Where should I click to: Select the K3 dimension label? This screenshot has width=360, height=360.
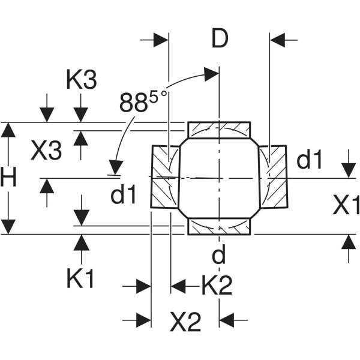coord(82,80)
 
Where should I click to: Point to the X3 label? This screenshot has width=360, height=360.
coord(46,151)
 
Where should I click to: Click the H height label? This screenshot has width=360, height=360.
coord(8,178)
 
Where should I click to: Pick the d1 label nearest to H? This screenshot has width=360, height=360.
coord(124,194)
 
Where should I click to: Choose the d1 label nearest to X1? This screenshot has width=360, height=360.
coord(310,160)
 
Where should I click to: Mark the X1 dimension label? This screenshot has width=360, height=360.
coord(346,206)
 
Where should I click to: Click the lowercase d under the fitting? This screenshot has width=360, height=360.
coord(220,256)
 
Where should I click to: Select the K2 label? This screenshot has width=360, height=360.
coord(216,286)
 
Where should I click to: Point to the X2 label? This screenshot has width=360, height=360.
coord(185,323)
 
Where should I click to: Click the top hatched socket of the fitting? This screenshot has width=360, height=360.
coord(219,130)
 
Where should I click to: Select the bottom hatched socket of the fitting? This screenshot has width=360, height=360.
coord(219,227)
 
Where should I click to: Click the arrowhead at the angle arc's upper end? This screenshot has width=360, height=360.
coord(211,74)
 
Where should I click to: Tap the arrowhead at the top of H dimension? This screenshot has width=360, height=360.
coord(8,130)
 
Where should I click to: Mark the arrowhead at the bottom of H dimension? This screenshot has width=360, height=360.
coord(8,227)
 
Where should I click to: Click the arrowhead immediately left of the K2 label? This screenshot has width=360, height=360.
coord(178,286)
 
